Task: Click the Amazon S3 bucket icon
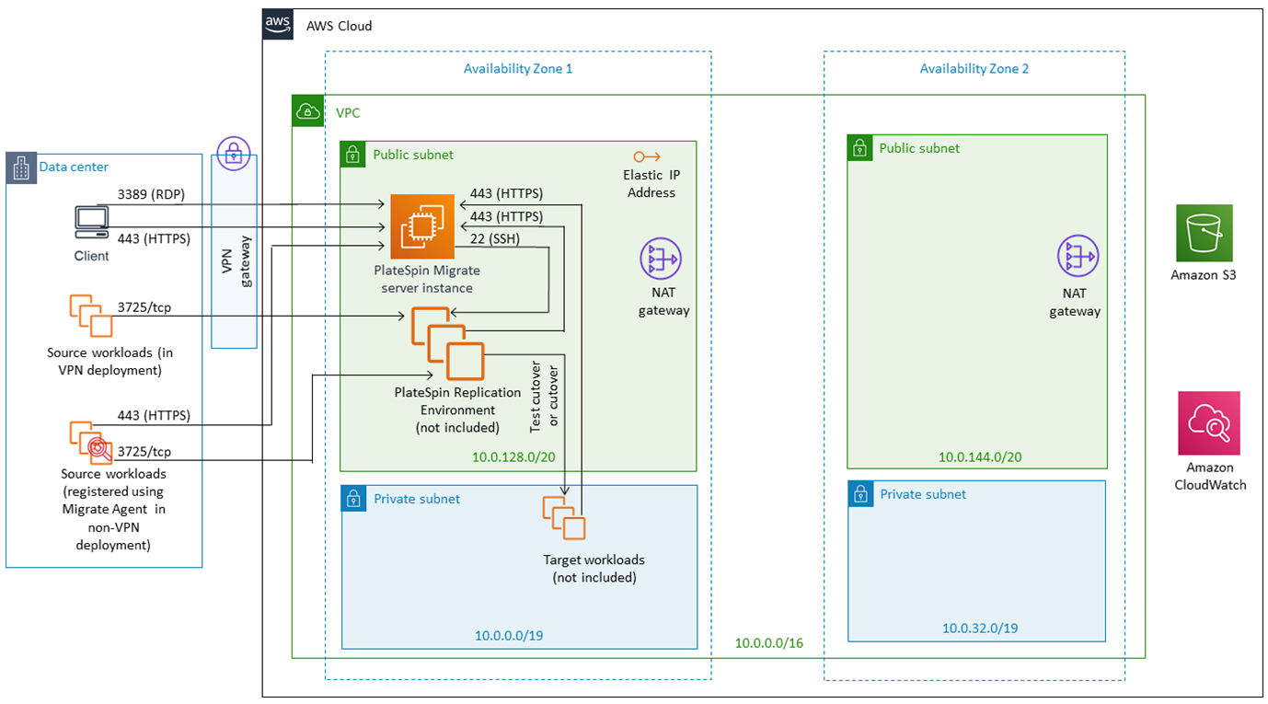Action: pyautogui.click(x=1204, y=233)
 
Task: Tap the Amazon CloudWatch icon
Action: pyautogui.click(x=1209, y=422)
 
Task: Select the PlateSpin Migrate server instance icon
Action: pyautogui.click(x=422, y=226)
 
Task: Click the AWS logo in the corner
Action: pyautogui.click(x=277, y=24)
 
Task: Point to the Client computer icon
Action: pyautogui.click(x=91, y=223)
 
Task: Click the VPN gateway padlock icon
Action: pyautogui.click(x=234, y=154)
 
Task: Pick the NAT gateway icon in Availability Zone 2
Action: pyautogui.click(x=1078, y=256)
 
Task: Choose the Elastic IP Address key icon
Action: pyautogui.click(x=647, y=156)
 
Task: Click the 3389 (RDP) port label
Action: pyautogui.click(x=151, y=194)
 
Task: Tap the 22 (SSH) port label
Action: pyautogui.click(x=495, y=239)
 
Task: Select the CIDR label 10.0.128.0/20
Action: pyautogui.click(x=513, y=456)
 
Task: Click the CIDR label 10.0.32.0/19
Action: pyautogui.click(x=980, y=628)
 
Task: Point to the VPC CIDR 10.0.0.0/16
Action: pyautogui.click(x=768, y=643)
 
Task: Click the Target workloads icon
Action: pyautogui.click(x=564, y=518)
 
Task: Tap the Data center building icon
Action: pyautogui.click(x=21, y=167)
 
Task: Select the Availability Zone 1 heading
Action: pyautogui.click(x=518, y=68)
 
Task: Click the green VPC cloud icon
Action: pyautogui.click(x=308, y=111)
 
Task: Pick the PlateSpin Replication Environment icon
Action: pyautogui.click(x=448, y=343)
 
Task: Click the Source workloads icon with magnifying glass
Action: pyautogui.click(x=91, y=442)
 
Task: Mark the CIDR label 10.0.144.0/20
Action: pyautogui.click(x=980, y=456)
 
